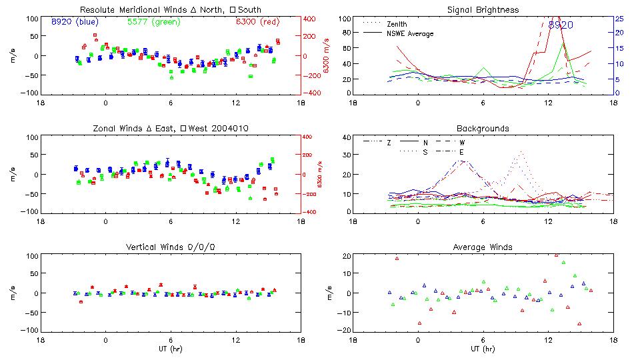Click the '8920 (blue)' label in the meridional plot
click(x=75, y=22)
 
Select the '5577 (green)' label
click(x=152, y=22)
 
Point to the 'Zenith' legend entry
click(x=397, y=24)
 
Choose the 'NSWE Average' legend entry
click(x=410, y=33)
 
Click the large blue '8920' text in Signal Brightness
click(x=561, y=25)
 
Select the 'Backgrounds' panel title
click(x=482, y=128)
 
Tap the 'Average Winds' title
click(x=482, y=247)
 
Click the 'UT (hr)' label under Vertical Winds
click(x=170, y=349)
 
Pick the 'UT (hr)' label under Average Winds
click(x=482, y=349)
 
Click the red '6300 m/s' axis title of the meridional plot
click(x=327, y=55)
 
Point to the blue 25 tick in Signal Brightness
click(x=619, y=19)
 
